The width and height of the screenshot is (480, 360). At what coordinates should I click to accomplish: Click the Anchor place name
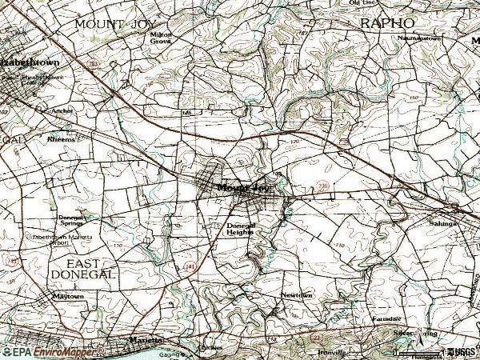click(62, 110)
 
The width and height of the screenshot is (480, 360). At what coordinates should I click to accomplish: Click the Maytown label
click(67, 296)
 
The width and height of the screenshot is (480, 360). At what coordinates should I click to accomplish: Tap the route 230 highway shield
click(321, 183)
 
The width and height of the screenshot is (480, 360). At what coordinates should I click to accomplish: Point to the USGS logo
click(462, 351)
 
